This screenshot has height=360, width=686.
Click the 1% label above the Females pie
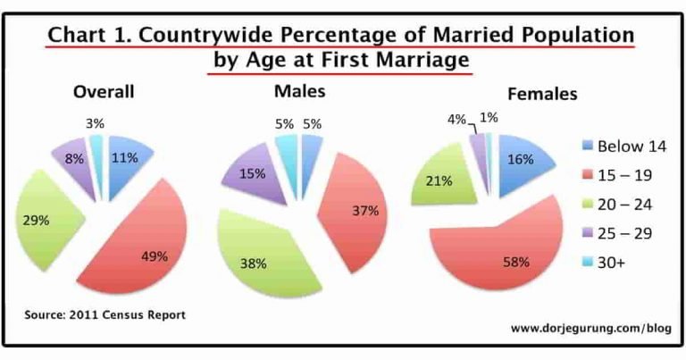489,117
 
